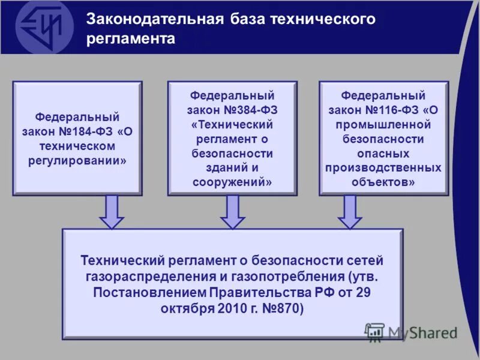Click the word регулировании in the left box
tap(77, 161)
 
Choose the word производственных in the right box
tap(383, 167)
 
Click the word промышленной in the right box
tap(383, 124)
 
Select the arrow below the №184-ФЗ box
tap(112, 212)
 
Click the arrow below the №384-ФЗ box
tap(233, 212)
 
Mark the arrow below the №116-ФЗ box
tap(350, 212)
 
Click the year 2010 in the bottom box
tap(236, 309)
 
